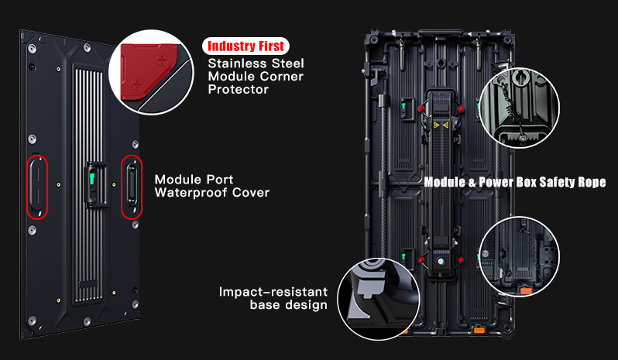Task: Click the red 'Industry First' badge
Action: [x=245, y=46]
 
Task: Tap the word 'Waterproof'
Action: [x=194, y=192]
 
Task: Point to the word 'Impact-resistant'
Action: [x=273, y=292]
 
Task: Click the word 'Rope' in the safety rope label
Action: [x=588, y=183]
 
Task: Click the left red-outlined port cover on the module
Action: [x=37, y=186]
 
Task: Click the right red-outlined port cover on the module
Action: [x=132, y=187]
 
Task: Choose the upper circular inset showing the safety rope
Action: [x=518, y=105]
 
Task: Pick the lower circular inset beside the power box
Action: [x=517, y=257]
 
